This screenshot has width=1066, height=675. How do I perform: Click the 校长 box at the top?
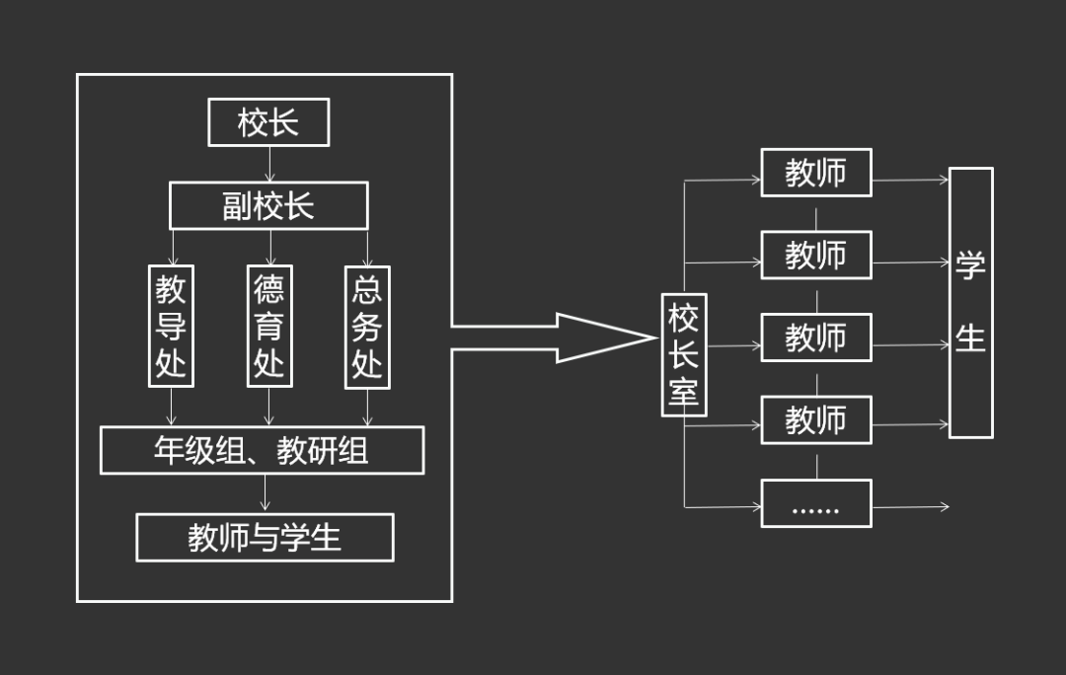(x=268, y=122)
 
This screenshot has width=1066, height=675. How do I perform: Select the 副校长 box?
(x=268, y=205)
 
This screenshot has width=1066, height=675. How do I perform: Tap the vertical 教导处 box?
(x=171, y=326)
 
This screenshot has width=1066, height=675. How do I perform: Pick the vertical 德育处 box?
(x=269, y=326)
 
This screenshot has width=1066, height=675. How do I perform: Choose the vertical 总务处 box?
(x=367, y=326)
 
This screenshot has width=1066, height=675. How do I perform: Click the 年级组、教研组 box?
(x=262, y=450)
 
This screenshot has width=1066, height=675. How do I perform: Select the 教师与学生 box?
(x=265, y=537)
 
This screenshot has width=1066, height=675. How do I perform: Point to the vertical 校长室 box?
(x=683, y=354)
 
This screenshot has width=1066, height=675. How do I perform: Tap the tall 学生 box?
(x=970, y=302)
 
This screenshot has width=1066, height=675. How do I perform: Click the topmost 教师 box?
(x=815, y=173)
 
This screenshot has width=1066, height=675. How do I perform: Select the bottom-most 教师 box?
(x=815, y=420)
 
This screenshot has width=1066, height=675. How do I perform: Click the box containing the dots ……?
(x=815, y=503)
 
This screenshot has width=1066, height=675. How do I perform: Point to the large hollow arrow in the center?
(x=553, y=337)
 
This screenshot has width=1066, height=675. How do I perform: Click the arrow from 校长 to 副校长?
(x=268, y=164)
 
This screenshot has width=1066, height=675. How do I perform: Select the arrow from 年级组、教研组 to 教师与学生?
(x=265, y=493)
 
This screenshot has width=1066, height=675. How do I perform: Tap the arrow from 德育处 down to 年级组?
(x=269, y=407)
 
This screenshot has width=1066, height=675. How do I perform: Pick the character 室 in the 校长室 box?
(x=683, y=392)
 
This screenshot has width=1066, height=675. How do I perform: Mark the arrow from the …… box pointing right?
(x=910, y=507)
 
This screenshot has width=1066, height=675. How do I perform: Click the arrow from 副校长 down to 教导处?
(x=172, y=247)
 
